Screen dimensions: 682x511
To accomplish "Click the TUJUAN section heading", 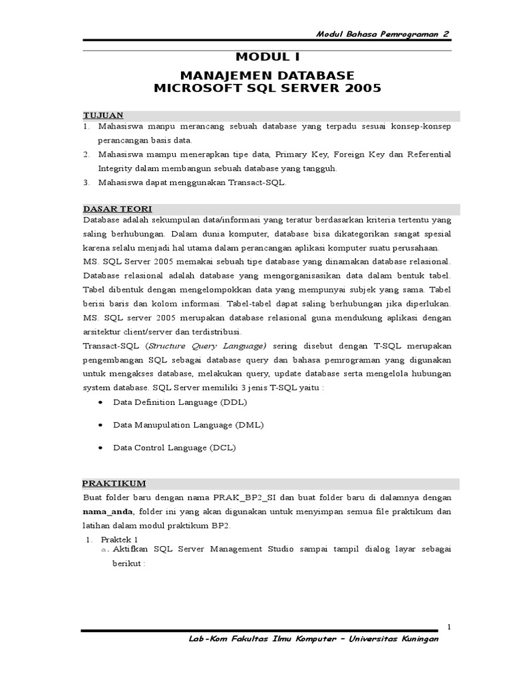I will tap(103, 115).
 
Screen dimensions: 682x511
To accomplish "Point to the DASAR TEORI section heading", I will tap(117, 208).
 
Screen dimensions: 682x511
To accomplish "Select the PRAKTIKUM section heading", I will tap(114, 483).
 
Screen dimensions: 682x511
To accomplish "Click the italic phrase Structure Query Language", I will tap(206, 346).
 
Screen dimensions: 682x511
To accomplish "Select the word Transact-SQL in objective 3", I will tap(255, 182).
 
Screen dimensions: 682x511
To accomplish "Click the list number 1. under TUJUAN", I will tap(86, 126).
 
